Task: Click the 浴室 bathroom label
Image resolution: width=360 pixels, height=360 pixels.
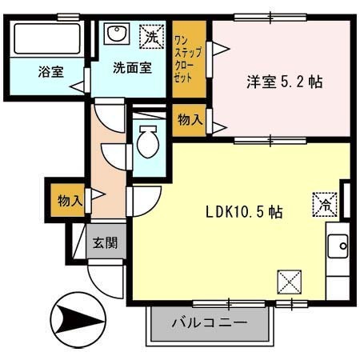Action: pyautogui.click(x=50, y=72)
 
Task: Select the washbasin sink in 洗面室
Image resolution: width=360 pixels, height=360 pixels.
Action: pyautogui.click(x=118, y=34)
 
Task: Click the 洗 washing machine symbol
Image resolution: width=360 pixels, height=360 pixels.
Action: pyautogui.click(x=149, y=35)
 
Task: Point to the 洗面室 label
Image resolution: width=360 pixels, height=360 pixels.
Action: pyautogui.click(x=130, y=68)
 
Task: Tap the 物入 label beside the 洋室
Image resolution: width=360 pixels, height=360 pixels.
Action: pyautogui.click(x=189, y=120)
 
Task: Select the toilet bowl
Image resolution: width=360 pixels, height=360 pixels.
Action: pyautogui.click(x=148, y=145)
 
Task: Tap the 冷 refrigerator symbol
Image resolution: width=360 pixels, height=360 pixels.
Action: pyautogui.click(x=325, y=203)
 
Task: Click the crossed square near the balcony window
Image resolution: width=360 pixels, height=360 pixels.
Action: pyautogui.click(x=289, y=282)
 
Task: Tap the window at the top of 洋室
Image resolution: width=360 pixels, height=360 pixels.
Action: pyautogui.click(x=270, y=17)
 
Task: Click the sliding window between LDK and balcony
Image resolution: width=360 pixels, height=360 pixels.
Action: pyautogui.click(x=229, y=303)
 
